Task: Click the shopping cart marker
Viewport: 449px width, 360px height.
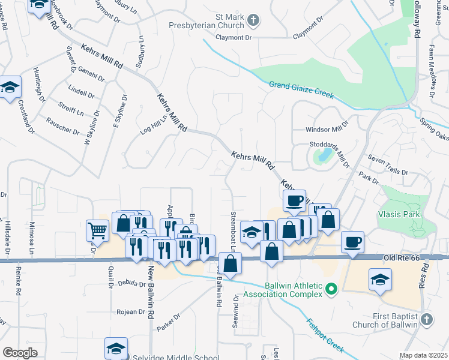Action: click(x=97, y=230)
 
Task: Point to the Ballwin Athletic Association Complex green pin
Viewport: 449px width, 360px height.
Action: click(x=330, y=290)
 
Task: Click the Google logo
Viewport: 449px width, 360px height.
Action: click(x=20, y=353)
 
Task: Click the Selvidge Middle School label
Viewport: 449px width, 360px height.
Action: click(x=176, y=358)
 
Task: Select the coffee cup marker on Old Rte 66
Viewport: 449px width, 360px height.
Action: click(x=352, y=242)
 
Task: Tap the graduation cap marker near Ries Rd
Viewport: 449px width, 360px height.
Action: click(x=381, y=280)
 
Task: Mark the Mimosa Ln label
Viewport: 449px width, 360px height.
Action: click(x=32, y=238)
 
